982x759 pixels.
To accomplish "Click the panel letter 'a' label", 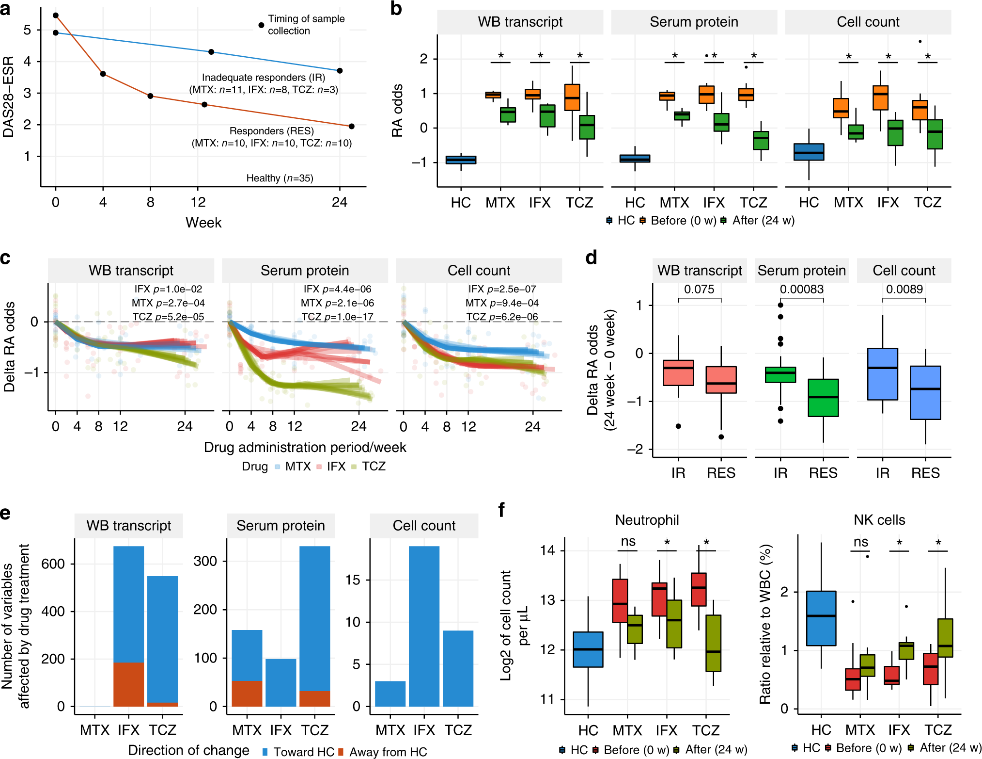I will point(5,9).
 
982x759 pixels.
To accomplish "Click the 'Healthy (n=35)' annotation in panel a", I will point(280,178).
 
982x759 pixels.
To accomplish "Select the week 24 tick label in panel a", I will point(339,202).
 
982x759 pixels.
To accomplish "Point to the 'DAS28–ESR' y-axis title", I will point(9,97).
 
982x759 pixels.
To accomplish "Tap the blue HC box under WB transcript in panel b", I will point(461,160).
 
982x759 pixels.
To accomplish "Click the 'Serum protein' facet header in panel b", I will point(694,22).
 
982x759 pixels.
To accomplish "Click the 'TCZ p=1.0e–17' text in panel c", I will point(338,317).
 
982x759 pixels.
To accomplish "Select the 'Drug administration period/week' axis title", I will point(305,447).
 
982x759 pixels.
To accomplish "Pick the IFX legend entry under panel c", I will point(336,467).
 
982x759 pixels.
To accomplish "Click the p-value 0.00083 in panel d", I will point(801,290).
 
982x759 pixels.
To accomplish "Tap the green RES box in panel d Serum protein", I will point(823,398).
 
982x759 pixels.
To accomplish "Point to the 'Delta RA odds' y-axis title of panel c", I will point(9,347).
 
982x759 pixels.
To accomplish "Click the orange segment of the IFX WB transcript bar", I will point(128,684).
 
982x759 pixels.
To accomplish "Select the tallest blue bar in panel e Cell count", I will point(424,626).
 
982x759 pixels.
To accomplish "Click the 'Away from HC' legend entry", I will point(388,752).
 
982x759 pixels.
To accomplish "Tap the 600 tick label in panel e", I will point(53,564).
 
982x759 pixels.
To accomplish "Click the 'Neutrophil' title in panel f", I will point(647,520).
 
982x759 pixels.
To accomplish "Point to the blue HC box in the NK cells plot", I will point(821,618).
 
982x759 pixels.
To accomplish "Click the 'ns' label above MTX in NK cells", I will point(860,542).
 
